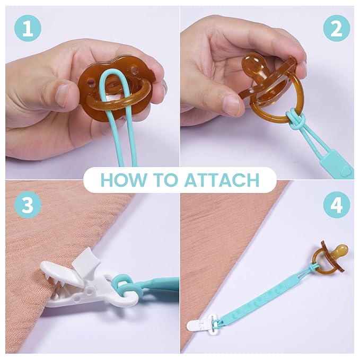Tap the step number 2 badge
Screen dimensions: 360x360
pos(337,29)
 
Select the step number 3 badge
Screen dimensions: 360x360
pos(28,205)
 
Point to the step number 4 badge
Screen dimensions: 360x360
pos(337,205)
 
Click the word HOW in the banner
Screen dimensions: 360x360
pos(123,180)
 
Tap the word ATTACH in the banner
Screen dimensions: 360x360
pos(222,180)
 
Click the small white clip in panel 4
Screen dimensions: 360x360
pos(199,324)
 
